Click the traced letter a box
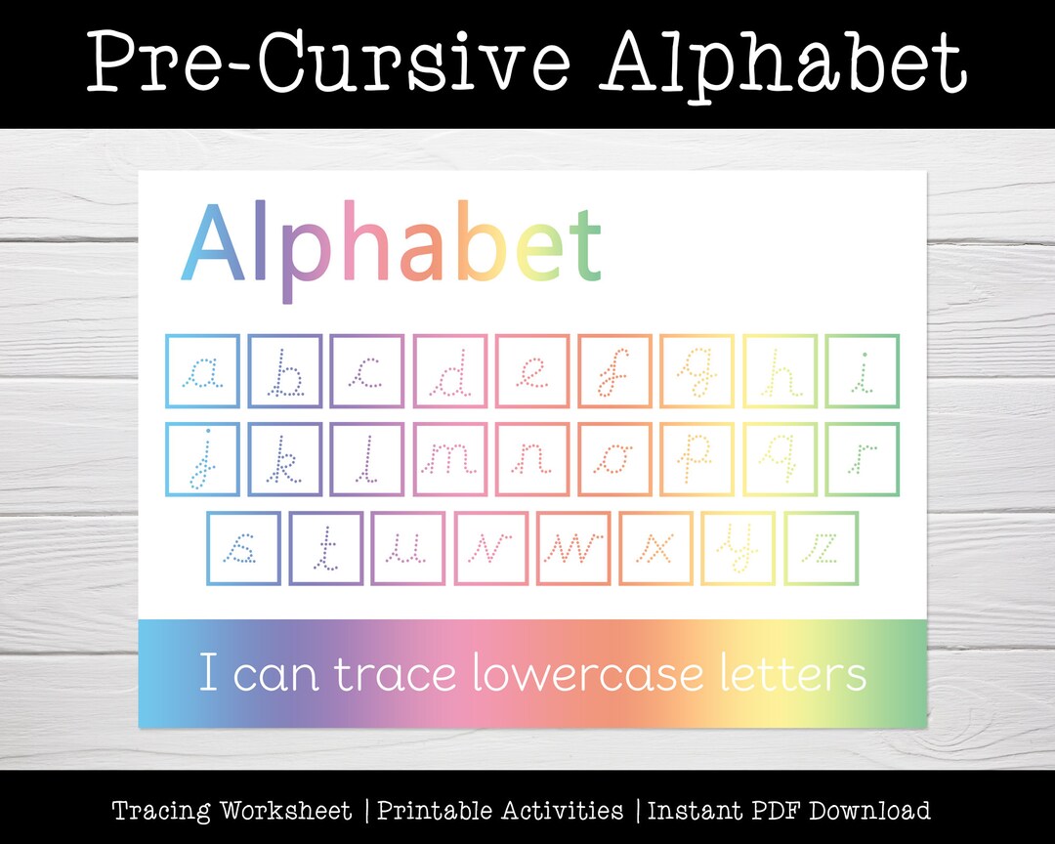202,371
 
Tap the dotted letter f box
614,371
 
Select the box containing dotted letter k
284,459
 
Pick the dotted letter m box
449,459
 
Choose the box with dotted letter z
821,548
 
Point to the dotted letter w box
573,548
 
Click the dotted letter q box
780,459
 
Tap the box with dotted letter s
243,548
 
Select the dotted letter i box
863,371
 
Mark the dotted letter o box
614,459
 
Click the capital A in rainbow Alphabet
211,244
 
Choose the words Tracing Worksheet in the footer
232,810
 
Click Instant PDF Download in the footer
789,810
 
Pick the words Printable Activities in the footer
501,810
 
